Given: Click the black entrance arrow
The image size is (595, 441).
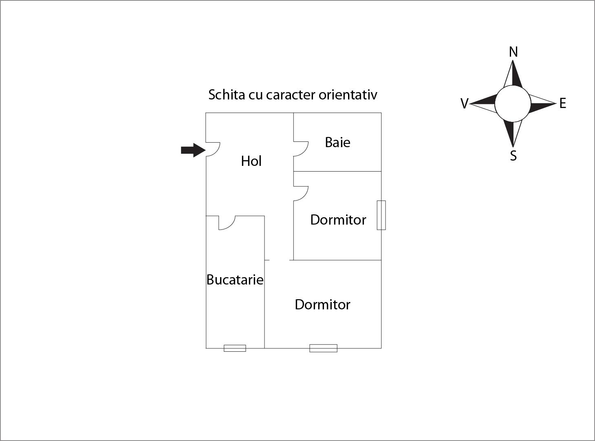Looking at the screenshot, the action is [193, 150].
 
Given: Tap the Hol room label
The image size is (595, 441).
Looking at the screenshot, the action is [251, 161].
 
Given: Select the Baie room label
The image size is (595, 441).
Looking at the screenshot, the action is [337, 142].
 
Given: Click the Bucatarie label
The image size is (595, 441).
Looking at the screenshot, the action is [235, 280].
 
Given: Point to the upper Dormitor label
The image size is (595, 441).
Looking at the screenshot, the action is [338, 220].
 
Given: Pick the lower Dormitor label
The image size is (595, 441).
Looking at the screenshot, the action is [322, 304].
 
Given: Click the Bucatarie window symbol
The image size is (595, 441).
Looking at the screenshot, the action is [235, 348].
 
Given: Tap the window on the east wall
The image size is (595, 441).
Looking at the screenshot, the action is [381, 215].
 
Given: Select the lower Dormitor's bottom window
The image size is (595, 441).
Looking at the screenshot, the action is [323, 348].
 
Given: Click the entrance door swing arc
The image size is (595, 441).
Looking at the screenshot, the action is [213, 149].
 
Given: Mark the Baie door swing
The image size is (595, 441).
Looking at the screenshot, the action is [301, 149].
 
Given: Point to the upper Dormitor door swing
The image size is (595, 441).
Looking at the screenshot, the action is [301, 193].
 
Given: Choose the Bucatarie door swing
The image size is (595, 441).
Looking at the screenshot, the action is [227, 223].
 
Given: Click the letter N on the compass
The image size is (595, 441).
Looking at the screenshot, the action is [513, 52].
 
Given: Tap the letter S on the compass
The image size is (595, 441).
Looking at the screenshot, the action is [513, 156].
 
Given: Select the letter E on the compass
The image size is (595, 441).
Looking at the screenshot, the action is [563, 103].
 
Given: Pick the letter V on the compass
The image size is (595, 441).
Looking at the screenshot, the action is [464, 104].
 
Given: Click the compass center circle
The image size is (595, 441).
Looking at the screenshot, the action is [513, 104].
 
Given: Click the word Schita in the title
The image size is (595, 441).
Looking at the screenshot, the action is [227, 95].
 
